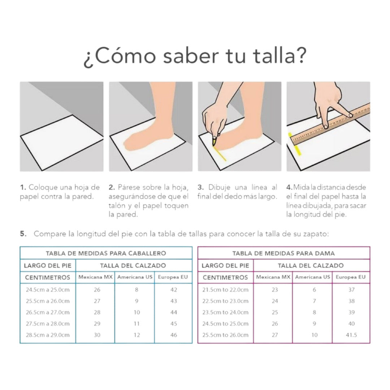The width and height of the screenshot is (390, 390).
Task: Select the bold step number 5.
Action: pos(23,234)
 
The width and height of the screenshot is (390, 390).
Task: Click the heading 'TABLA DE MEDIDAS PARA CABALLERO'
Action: pos(106,253)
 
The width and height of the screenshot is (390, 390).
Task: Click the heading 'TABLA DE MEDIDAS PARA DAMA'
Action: pos(283,253)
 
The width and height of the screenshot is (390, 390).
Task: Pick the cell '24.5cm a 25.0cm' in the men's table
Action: pos(48,290)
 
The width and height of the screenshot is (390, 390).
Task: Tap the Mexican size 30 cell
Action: pos(97,335)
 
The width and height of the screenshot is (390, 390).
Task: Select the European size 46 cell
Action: pos(174,335)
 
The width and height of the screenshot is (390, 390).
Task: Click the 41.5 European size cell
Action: pos(351,335)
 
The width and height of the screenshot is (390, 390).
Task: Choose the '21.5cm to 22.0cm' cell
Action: pos(225,290)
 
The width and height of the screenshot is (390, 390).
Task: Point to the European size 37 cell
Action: pos(351,290)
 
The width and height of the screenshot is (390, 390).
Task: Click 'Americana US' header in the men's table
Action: pos(135,277)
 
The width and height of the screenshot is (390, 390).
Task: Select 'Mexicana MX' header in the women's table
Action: pos(273,277)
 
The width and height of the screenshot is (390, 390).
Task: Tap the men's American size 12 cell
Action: pos(137,335)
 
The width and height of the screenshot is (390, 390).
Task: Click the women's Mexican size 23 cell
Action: pos(275,290)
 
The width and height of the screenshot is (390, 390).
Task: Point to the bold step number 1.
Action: pos(23,187)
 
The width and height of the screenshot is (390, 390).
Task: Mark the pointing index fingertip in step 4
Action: pos(350,116)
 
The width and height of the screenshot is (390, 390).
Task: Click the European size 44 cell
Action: pos(174,312)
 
